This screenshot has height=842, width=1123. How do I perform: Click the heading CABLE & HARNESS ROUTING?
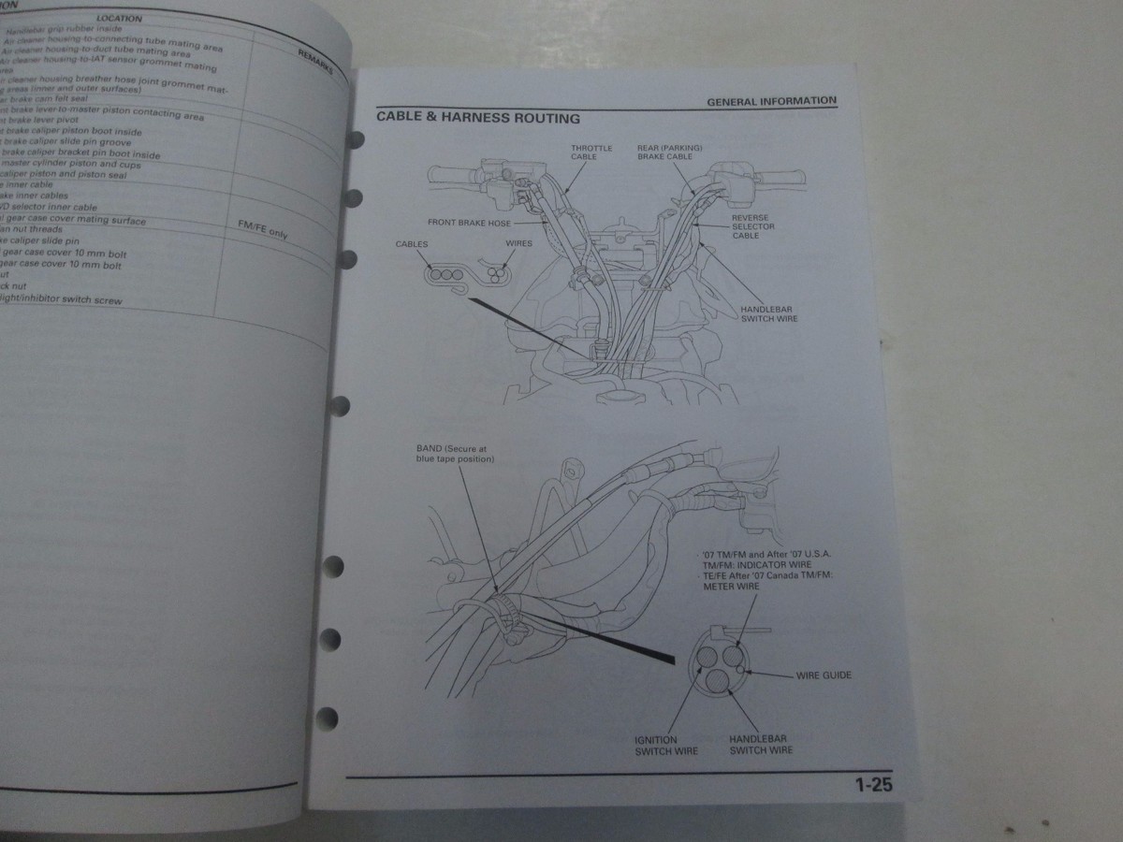click(477, 119)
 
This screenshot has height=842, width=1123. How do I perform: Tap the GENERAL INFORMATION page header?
click(771, 101)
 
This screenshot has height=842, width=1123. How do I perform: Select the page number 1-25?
click(872, 785)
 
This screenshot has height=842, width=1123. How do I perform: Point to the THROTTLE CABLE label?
click(591, 153)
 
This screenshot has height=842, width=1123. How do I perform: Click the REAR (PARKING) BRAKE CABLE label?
click(669, 153)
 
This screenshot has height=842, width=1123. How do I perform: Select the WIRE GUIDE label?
click(823, 675)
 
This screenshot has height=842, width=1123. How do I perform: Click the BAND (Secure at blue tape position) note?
click(455, 454)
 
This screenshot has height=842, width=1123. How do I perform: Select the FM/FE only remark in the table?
click(264, 230)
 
